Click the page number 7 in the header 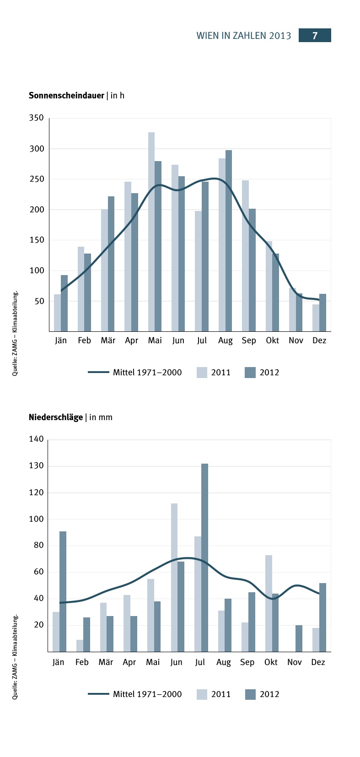315,36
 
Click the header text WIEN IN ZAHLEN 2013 243,36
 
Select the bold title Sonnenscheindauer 66,95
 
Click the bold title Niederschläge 56,417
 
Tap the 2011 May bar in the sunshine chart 151,232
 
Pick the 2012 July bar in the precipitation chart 204,557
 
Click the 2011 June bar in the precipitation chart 174,578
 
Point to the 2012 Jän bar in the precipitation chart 63,591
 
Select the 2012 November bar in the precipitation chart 299,638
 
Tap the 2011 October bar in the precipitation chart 269,603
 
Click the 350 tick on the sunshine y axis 37,118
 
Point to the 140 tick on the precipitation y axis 37,439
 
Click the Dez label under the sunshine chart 319,341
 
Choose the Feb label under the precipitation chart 82,662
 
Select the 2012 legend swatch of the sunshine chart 250,373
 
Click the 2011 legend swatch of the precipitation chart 202,694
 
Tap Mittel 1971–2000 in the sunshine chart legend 147,373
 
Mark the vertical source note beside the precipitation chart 15,657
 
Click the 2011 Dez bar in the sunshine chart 316,318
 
